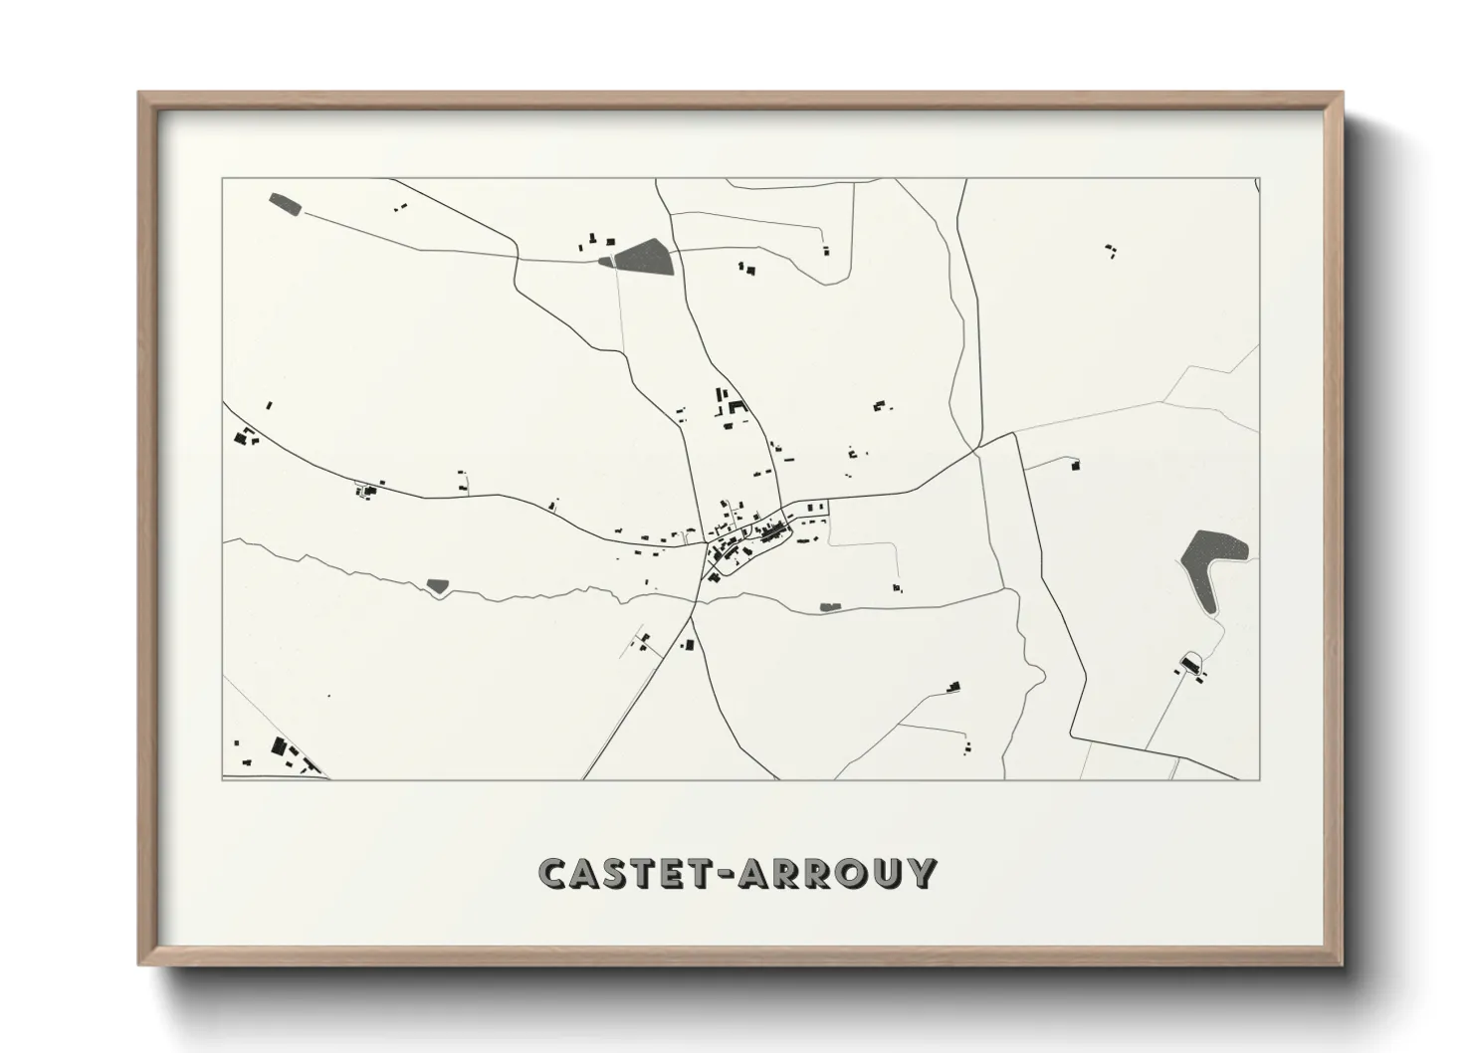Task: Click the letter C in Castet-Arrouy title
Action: [553, 873]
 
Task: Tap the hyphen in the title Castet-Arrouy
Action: [720, 875]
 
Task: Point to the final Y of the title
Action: [922, 873]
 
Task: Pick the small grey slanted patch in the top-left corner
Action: [286, 205]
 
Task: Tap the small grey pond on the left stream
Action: [437, 585]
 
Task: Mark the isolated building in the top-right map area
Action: [1111, 250]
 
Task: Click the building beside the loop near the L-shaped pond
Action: [1188, 664]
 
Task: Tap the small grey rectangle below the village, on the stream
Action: [829, 606]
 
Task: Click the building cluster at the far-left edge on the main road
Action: [245, 436]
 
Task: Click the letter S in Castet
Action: [618, 873]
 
